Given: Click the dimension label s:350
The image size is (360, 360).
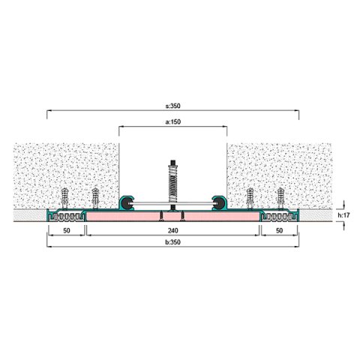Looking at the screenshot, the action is coord(172,106).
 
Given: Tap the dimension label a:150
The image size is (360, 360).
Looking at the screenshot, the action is coord(172,122).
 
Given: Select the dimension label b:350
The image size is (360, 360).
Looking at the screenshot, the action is coord(172,242).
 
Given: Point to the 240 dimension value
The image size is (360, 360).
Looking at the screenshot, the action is coord(172,230).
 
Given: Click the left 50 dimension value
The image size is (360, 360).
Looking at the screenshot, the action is coord(67,230).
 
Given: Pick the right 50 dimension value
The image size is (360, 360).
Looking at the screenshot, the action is coord(279,230).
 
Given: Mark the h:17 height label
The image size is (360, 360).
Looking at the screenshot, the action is coord(343,215).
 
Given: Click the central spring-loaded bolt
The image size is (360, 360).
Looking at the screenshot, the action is coord(173,185).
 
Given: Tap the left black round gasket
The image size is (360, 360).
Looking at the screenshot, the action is coord(127,203).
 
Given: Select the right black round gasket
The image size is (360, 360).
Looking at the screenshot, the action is coord(219,203).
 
